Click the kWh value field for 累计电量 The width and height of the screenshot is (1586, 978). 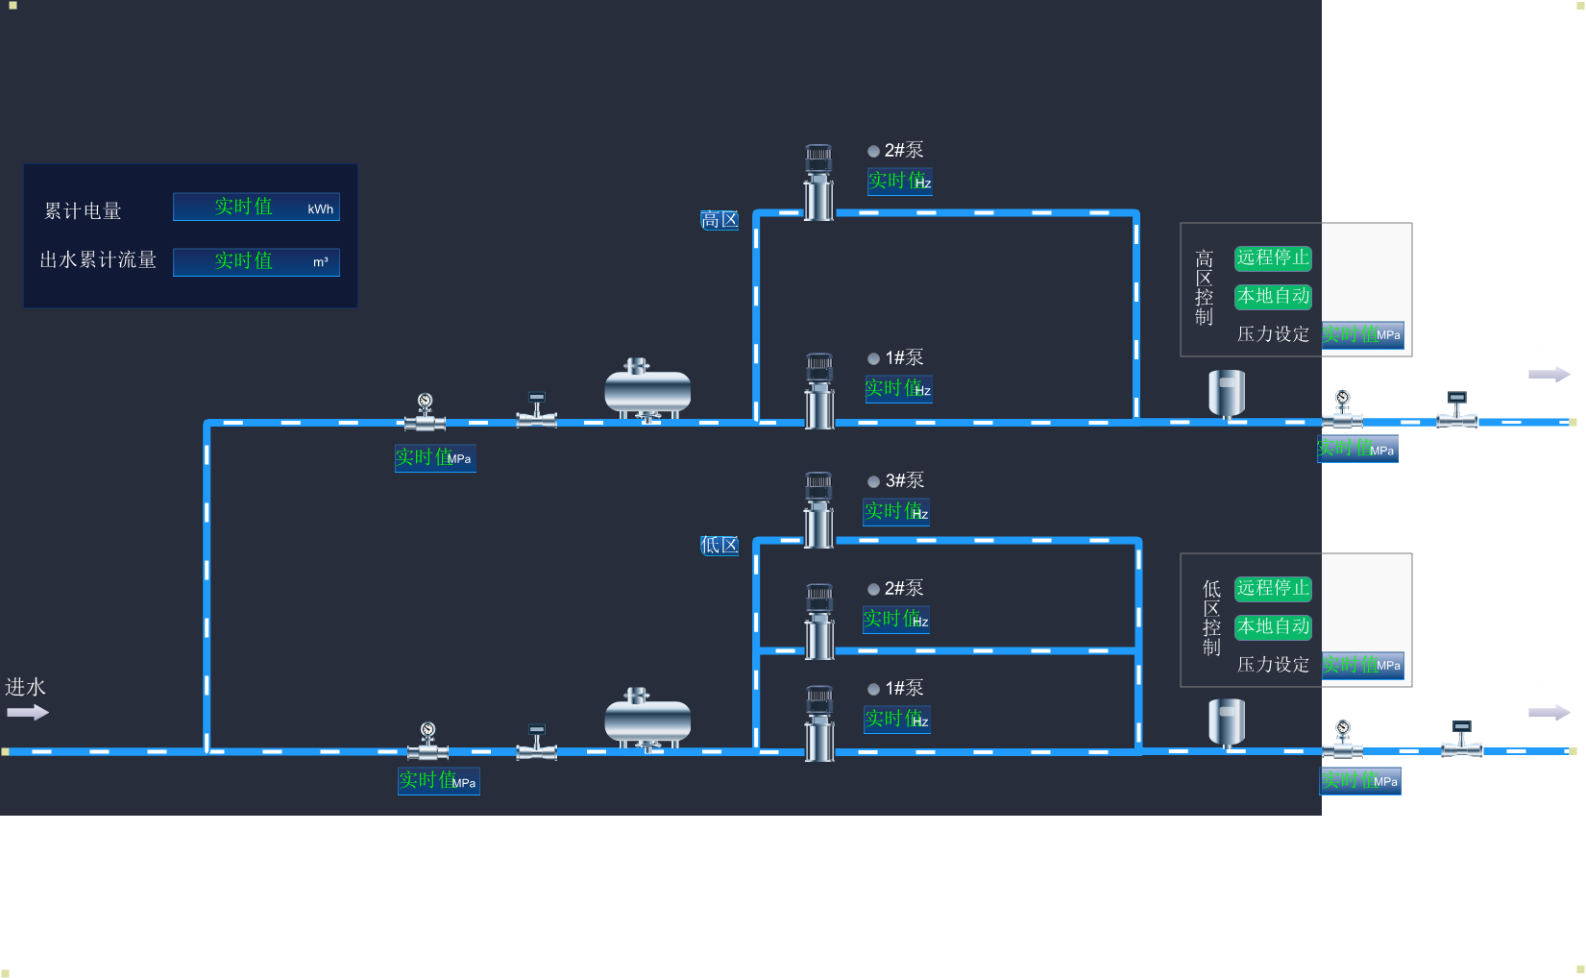[x=256, y=208]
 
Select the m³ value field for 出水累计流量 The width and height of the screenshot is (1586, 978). [x=256, y=261]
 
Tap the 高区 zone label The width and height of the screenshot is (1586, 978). [x=720, y=220]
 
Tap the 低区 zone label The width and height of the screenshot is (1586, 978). [x=720, y=546]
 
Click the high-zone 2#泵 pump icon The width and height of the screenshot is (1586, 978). [x=818, y=183]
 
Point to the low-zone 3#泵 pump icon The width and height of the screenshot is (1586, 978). [x=818, y=510]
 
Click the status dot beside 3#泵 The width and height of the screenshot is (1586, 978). [x=873, y=481]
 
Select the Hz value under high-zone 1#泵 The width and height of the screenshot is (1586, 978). [x=898, y=389]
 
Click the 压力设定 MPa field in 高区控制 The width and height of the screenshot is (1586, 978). [x=1362, y=334]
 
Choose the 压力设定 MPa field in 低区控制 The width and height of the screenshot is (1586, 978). [x=1362, y=665]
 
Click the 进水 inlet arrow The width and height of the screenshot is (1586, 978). [x=27, y=712]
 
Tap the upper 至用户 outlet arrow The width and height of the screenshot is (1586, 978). [x=1549, y=374]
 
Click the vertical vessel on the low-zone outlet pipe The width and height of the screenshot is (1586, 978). [x=1227, y=722]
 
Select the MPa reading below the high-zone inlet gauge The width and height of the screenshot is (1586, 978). [x=435, y=458]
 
